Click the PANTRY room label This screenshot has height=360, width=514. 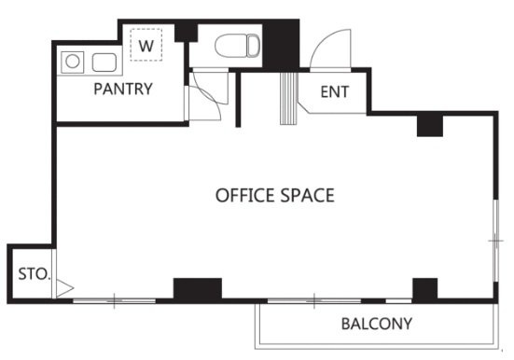coord(123,89)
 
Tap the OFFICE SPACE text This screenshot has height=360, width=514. coord(274,195)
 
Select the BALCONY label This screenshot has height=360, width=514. coord(377,324)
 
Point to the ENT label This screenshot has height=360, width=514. coord(334,91)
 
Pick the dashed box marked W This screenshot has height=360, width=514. coord(146,45)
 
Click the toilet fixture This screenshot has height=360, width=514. coord(238,46)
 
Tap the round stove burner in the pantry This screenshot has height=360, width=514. coord(73,62)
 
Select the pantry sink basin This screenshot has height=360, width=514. coord(104,62)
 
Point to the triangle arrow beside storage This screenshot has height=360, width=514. coord(65,288)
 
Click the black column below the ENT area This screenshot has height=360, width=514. coord(430,126)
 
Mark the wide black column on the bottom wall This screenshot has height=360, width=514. coord(198,289)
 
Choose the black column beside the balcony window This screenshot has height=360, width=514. coord(424,289)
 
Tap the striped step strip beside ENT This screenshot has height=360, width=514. coord(288,98)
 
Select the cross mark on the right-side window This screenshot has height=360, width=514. coord(496,241)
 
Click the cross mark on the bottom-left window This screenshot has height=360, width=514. coord(114,301)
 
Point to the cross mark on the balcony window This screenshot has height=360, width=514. coord(314,301)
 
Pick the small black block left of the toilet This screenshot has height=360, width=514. coord(186,33)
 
